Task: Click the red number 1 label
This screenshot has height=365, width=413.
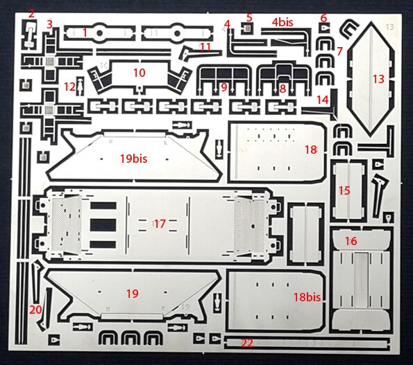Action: [x=85, y=33]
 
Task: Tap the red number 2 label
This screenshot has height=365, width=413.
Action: [x=32, y=14]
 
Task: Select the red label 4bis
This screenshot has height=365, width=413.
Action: [x=283, y=22]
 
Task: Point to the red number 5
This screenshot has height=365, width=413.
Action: [x=249, y=17]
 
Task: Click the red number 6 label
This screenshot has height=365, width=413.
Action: [x=323, y=18]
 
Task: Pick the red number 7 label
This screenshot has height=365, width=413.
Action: [x=340, y=51]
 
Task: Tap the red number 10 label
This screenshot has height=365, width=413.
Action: [x=140, y=73]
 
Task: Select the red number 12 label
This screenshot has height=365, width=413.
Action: [x=70, y=87]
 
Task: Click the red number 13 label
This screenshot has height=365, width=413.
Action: [x=378, y=79]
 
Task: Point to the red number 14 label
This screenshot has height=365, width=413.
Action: [x=323, y=100]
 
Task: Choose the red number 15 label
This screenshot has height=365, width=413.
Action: [x=344, y=190]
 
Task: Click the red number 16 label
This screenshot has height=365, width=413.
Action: [x=351, y=241]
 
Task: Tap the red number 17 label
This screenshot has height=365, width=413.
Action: [x=160, y=224]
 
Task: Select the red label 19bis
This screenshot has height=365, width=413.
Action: [x=133, y=159]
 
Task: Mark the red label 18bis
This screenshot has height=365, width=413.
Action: [x=307, y=297]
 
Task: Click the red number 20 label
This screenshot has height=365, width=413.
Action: [x=35, y=310]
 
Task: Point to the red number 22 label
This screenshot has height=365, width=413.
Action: [x=247, y=343]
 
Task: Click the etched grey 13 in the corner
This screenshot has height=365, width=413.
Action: [x=389, y=27]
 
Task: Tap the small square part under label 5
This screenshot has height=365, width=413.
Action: [x=247, y=28]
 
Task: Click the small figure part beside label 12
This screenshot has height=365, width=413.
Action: [x=79, y=86]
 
